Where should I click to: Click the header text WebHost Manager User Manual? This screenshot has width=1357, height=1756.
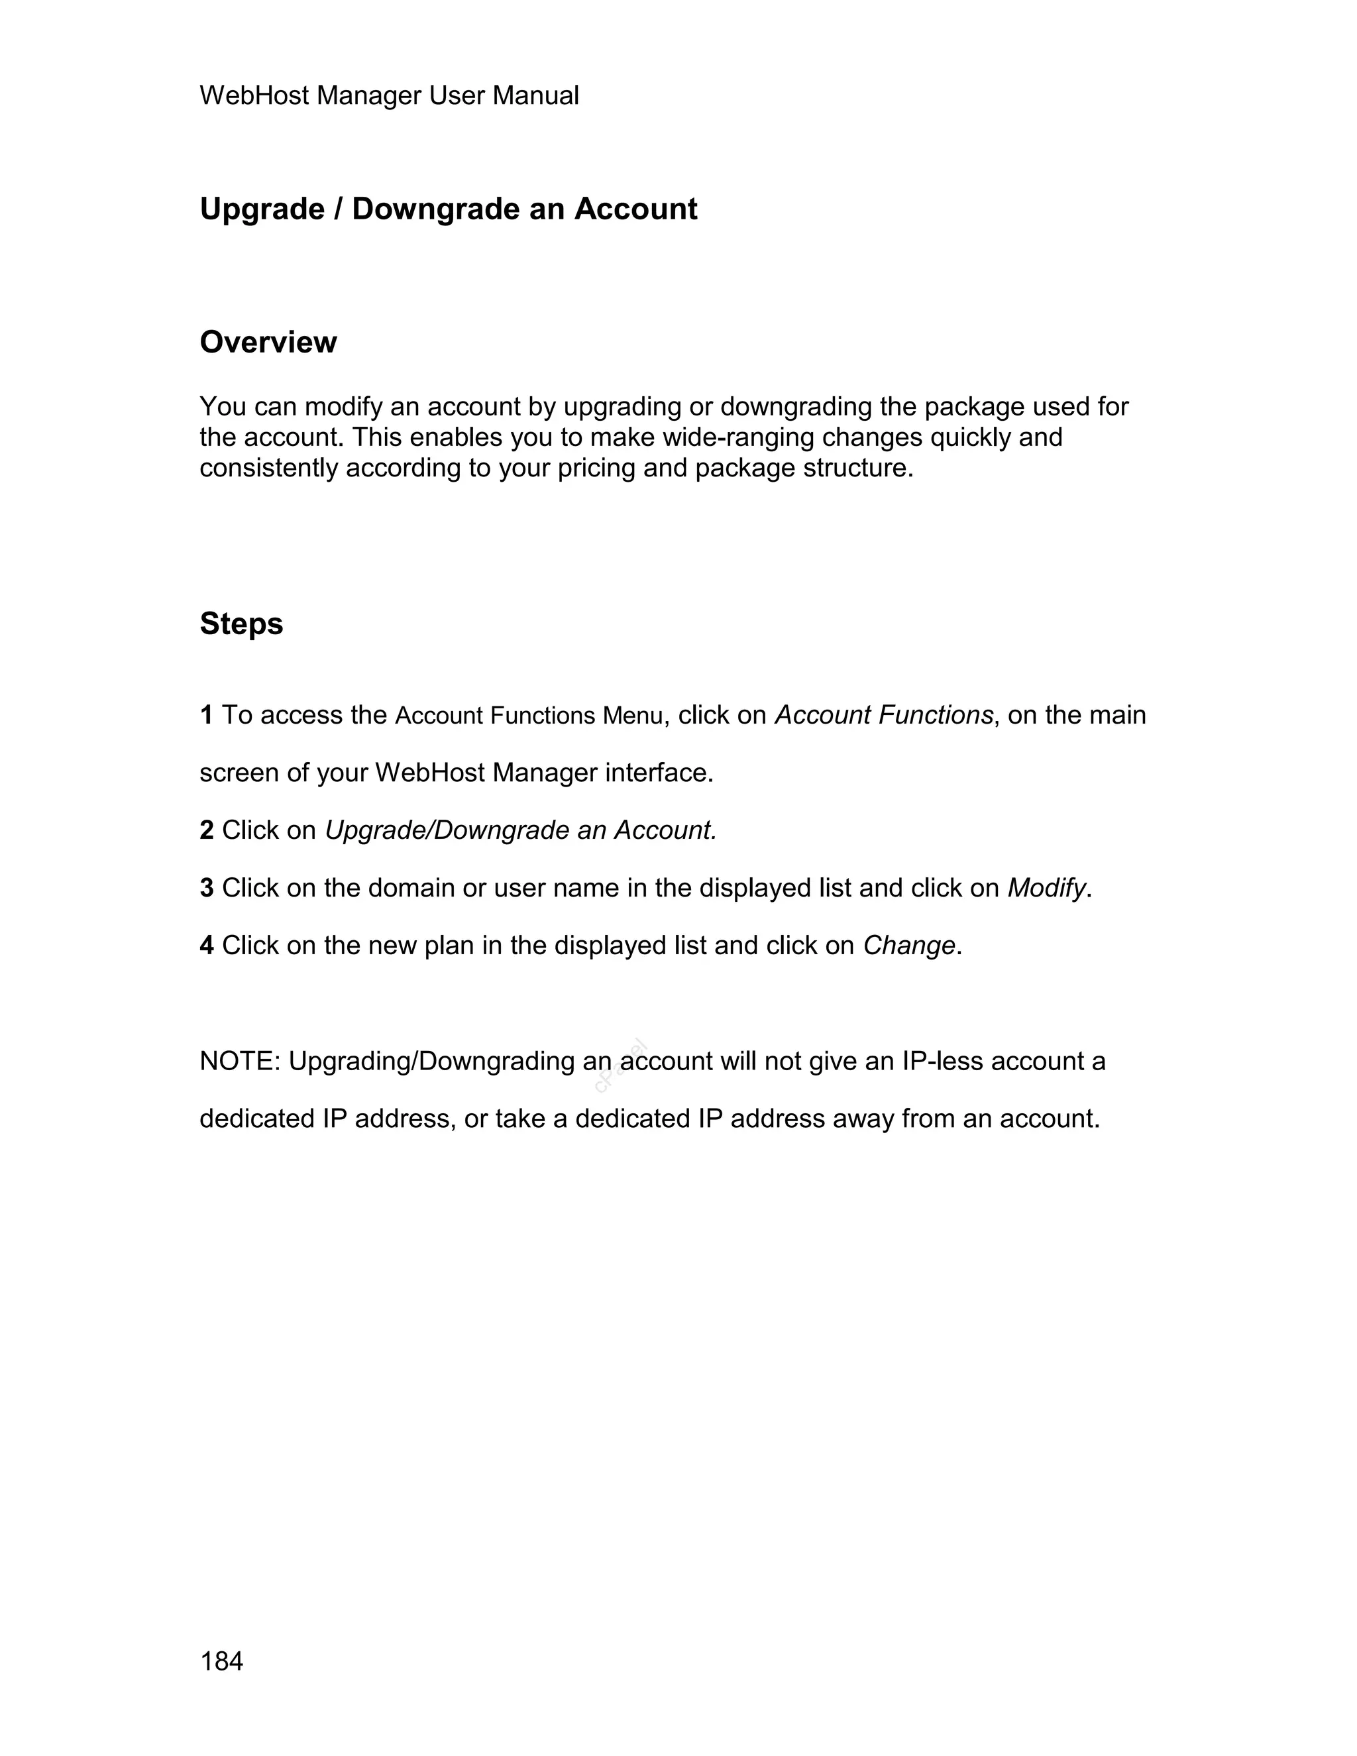click(x=388, y=95)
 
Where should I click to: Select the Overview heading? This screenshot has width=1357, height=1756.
click(x=268, y=343)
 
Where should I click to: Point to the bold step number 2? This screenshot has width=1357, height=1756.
click(x=207, y=830)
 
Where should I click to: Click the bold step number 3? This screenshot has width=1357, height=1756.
click(x=207, y=888)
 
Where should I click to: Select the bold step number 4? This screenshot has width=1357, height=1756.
click(x=207, y=946)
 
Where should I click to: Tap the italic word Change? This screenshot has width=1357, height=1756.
click(x=908, y=946)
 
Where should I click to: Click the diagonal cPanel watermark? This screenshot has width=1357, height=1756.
click(x=621, y=1067)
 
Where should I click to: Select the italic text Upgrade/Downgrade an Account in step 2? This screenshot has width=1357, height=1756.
click(x=519, y=830)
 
